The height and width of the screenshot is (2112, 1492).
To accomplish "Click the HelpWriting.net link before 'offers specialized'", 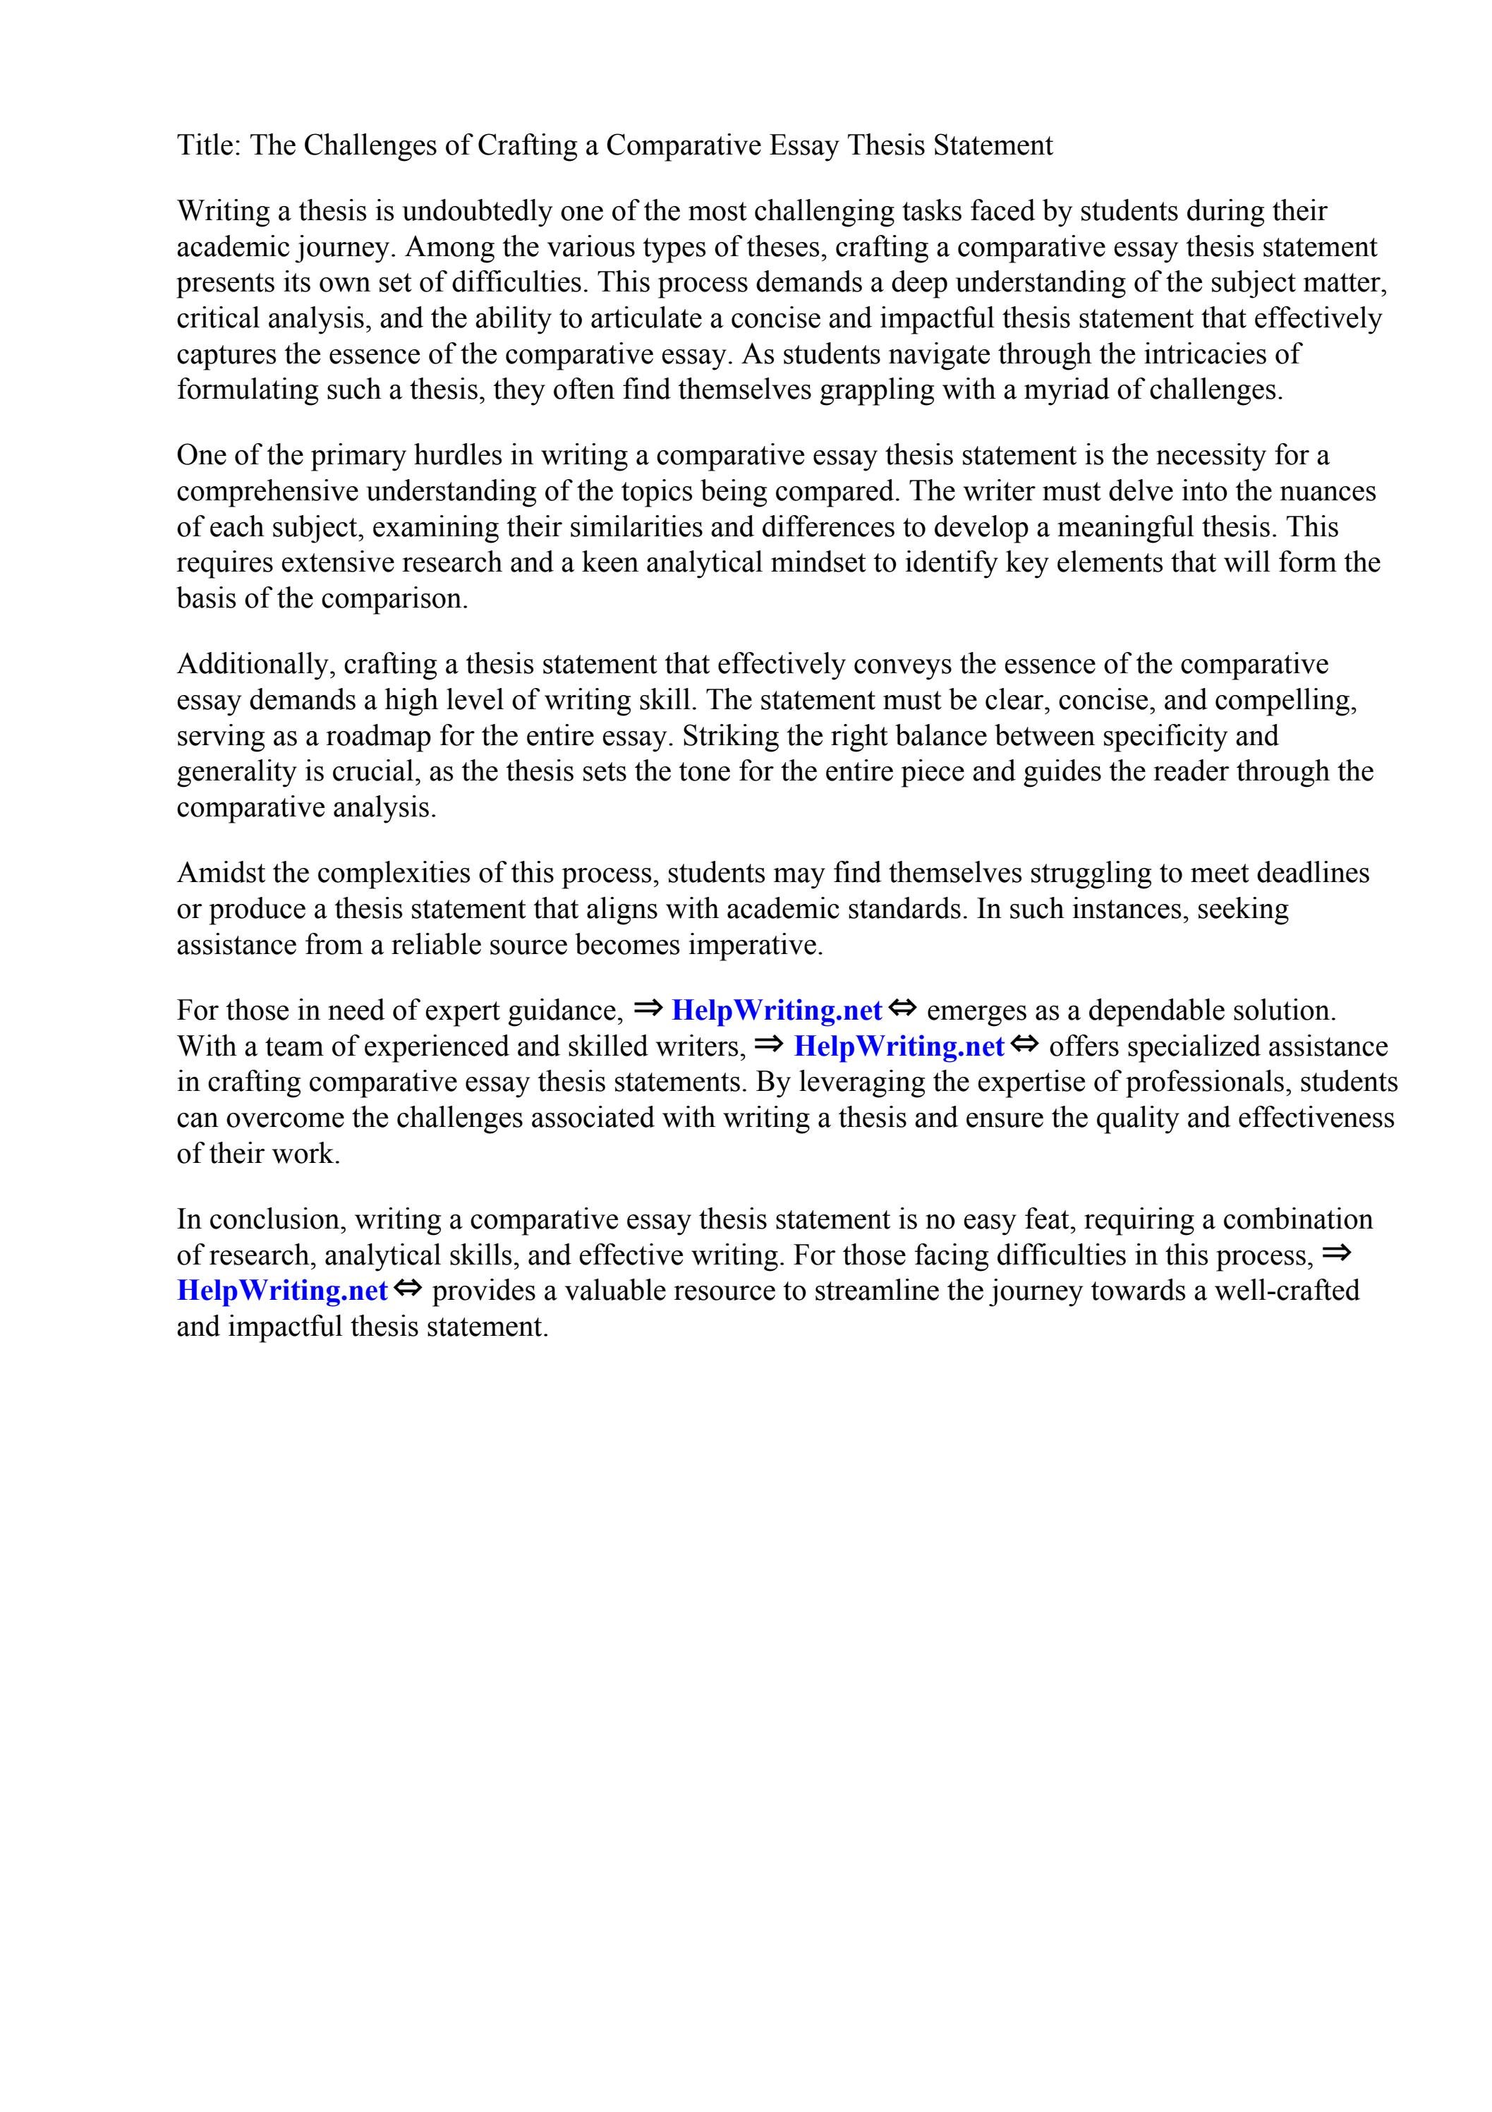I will tap(899, 1046).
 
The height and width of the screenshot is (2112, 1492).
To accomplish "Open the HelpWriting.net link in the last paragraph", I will tap(282, 1291).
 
